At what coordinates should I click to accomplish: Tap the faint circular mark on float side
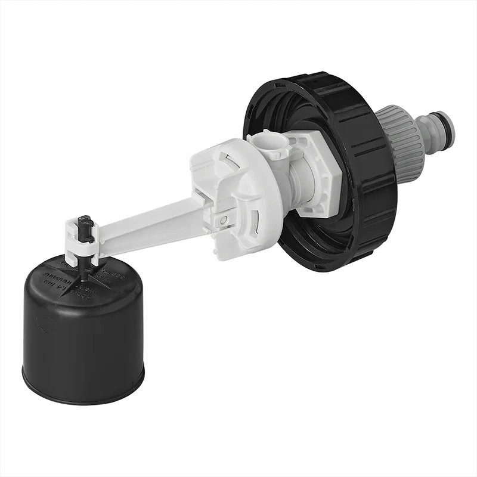42,325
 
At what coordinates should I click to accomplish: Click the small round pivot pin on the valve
223,220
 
